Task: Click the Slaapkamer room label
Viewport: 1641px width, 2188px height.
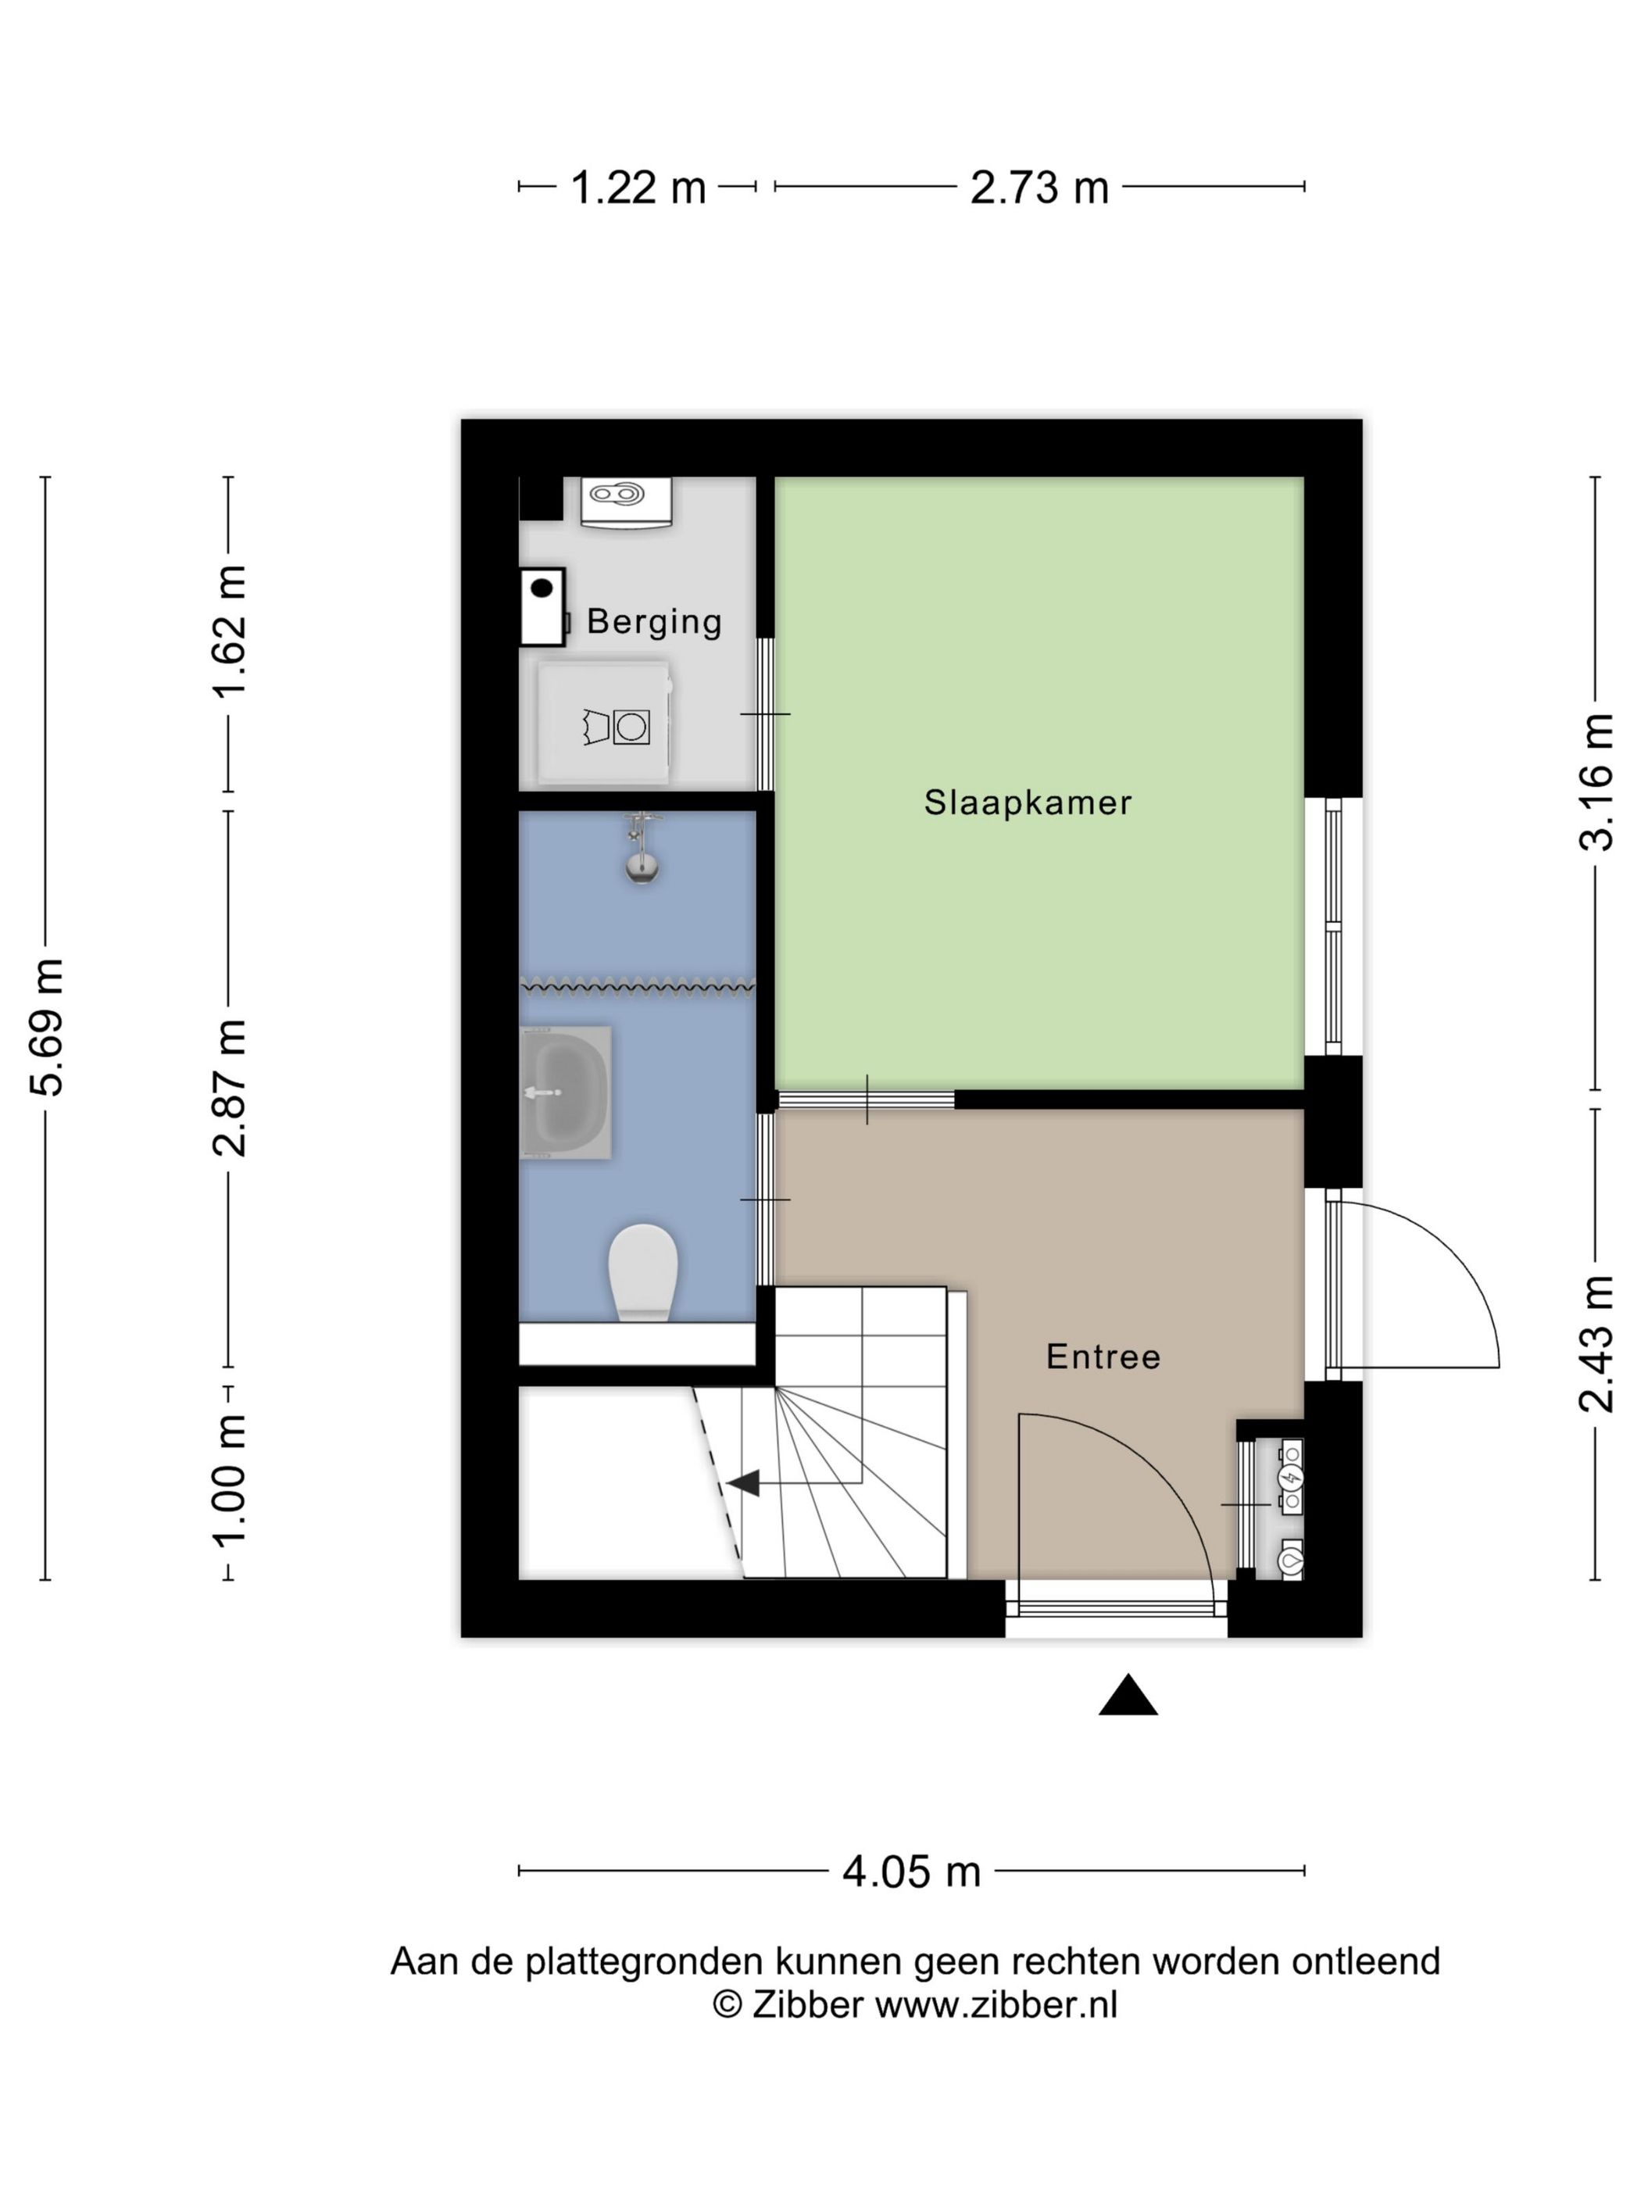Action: point(1028,803)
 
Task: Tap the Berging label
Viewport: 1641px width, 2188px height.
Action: point(654,622)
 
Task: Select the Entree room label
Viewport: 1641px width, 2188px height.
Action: point(1103,1357)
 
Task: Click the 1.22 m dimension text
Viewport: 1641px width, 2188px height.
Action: point(638,187)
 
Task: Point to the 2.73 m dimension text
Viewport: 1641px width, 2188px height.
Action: point(1039,187)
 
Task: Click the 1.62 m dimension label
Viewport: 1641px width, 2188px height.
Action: point(230,631)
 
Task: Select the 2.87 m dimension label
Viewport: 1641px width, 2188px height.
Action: point(230,1087)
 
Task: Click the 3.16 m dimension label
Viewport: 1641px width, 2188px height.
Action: point(1596,781)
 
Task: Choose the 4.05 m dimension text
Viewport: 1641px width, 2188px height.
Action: point(911,1872)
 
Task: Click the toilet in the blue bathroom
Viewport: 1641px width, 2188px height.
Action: point(642,1272)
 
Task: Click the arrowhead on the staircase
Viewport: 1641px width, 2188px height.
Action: point(743,1482)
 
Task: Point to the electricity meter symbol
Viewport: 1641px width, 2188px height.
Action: point(1291,1478)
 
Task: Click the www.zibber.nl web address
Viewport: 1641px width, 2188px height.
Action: point(996,2004)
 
